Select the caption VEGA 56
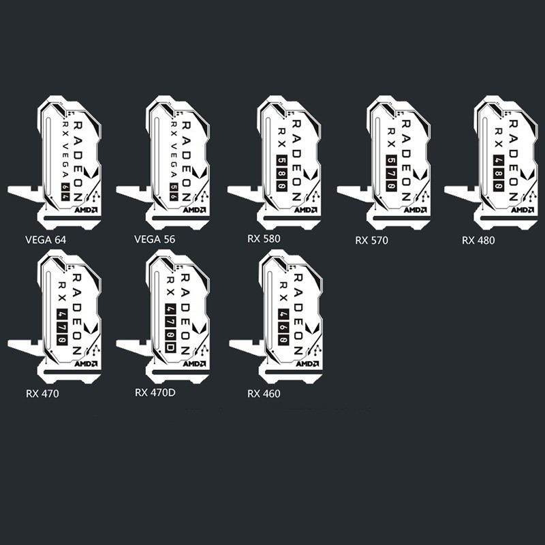coord(155,240)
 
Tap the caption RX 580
coord(264,238)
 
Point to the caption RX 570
coord(371,240)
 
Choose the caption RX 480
coord(478,240)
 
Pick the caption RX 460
coord(264,394)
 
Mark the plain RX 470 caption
coord(42,393)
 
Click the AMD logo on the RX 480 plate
coord(521,211)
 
